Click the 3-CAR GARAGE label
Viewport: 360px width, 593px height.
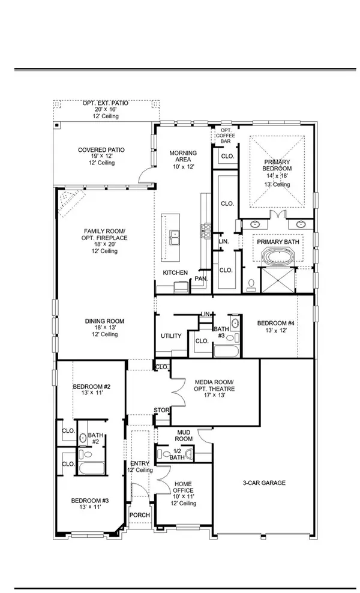click(265, 483)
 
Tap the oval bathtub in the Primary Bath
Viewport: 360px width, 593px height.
click(278, 260)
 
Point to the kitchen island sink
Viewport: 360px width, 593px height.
click(175, 238)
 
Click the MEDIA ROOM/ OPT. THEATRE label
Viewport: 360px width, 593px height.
click(214, 385)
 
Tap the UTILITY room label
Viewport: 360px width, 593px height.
click(170, 336)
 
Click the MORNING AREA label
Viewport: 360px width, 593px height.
click(184, 155)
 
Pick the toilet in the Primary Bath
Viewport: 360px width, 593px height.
click(252, 283)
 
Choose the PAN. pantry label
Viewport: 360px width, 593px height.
click(200, 279)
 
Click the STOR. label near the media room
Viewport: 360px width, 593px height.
click(162, 411)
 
